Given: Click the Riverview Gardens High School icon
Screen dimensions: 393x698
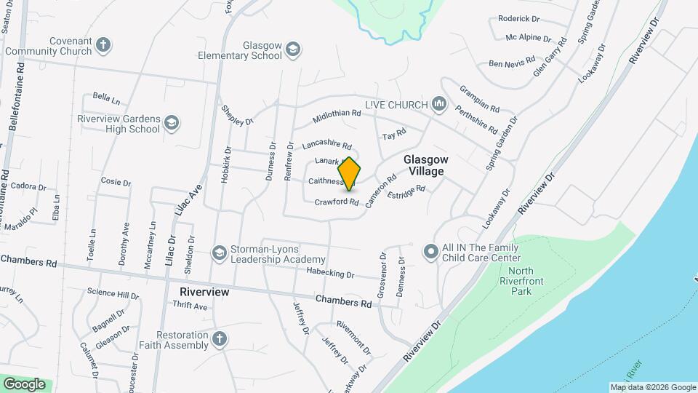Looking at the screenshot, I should (172, 123).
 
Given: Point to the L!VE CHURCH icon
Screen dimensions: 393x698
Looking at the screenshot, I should (438, 105).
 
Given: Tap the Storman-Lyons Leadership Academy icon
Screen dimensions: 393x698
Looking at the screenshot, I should (218, 253).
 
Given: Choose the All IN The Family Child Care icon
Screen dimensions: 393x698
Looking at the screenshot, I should (430, 252).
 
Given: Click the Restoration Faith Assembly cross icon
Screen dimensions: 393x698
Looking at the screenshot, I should (219, 338).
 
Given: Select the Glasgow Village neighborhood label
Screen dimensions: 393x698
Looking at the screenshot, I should (424, 164).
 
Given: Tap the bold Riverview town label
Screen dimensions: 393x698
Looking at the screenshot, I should (204, 292).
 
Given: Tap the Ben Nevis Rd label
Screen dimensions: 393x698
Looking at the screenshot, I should (512, 63).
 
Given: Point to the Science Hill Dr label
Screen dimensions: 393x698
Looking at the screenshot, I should (113, 294).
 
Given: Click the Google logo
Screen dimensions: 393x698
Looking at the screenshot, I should (24, 384).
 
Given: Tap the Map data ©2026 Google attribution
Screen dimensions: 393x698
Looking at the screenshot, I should (652, 387).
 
